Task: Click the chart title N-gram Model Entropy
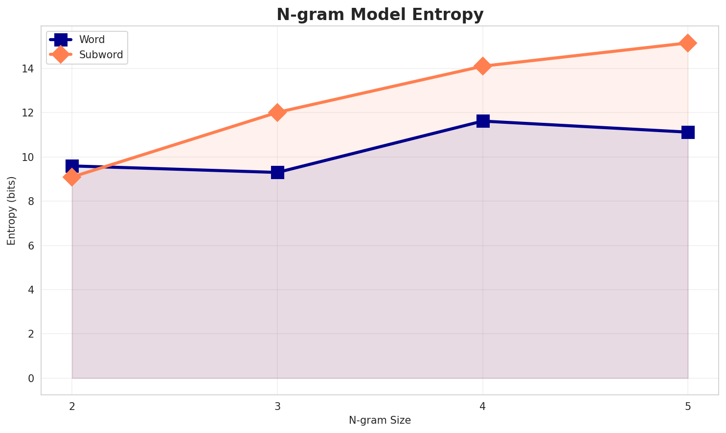coord(380,15)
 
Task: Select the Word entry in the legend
coord(92,40)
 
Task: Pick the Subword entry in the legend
coord(101,55)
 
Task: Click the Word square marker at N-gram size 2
coord(72,166)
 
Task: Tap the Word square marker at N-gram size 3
coord(277,172)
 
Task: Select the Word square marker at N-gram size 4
coord(483,121)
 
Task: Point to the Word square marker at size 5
coord(688,132)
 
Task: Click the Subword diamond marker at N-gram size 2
coord(72,177)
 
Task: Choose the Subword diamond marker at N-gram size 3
coord(277,113)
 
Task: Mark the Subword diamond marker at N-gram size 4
coord(483,66)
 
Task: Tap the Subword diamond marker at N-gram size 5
coord(688,43)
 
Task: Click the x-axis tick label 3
coord(277,406)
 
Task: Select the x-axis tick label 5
coord(688,406)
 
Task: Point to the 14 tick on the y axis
coord(27,69)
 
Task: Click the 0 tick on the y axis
coord(31,379)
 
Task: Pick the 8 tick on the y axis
coord(31,202)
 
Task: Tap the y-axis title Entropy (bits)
coord(11,210)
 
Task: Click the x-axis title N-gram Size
coord(380,420)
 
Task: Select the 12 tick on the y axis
coord(27,113)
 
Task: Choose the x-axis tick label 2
coord(72,406)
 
